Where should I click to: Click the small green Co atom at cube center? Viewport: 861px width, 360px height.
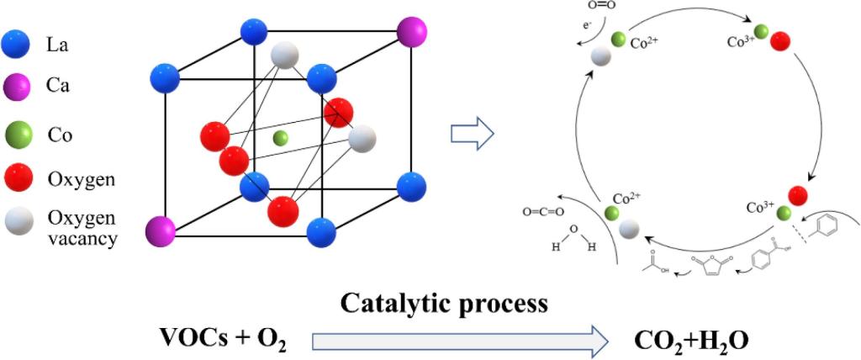pyautogui.click(x=281, y=137)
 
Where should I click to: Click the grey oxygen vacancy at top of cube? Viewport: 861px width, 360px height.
pyautogui.click(x=285, y=56)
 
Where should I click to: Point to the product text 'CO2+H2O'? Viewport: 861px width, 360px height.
pyautogui.click(x=690, y=339)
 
